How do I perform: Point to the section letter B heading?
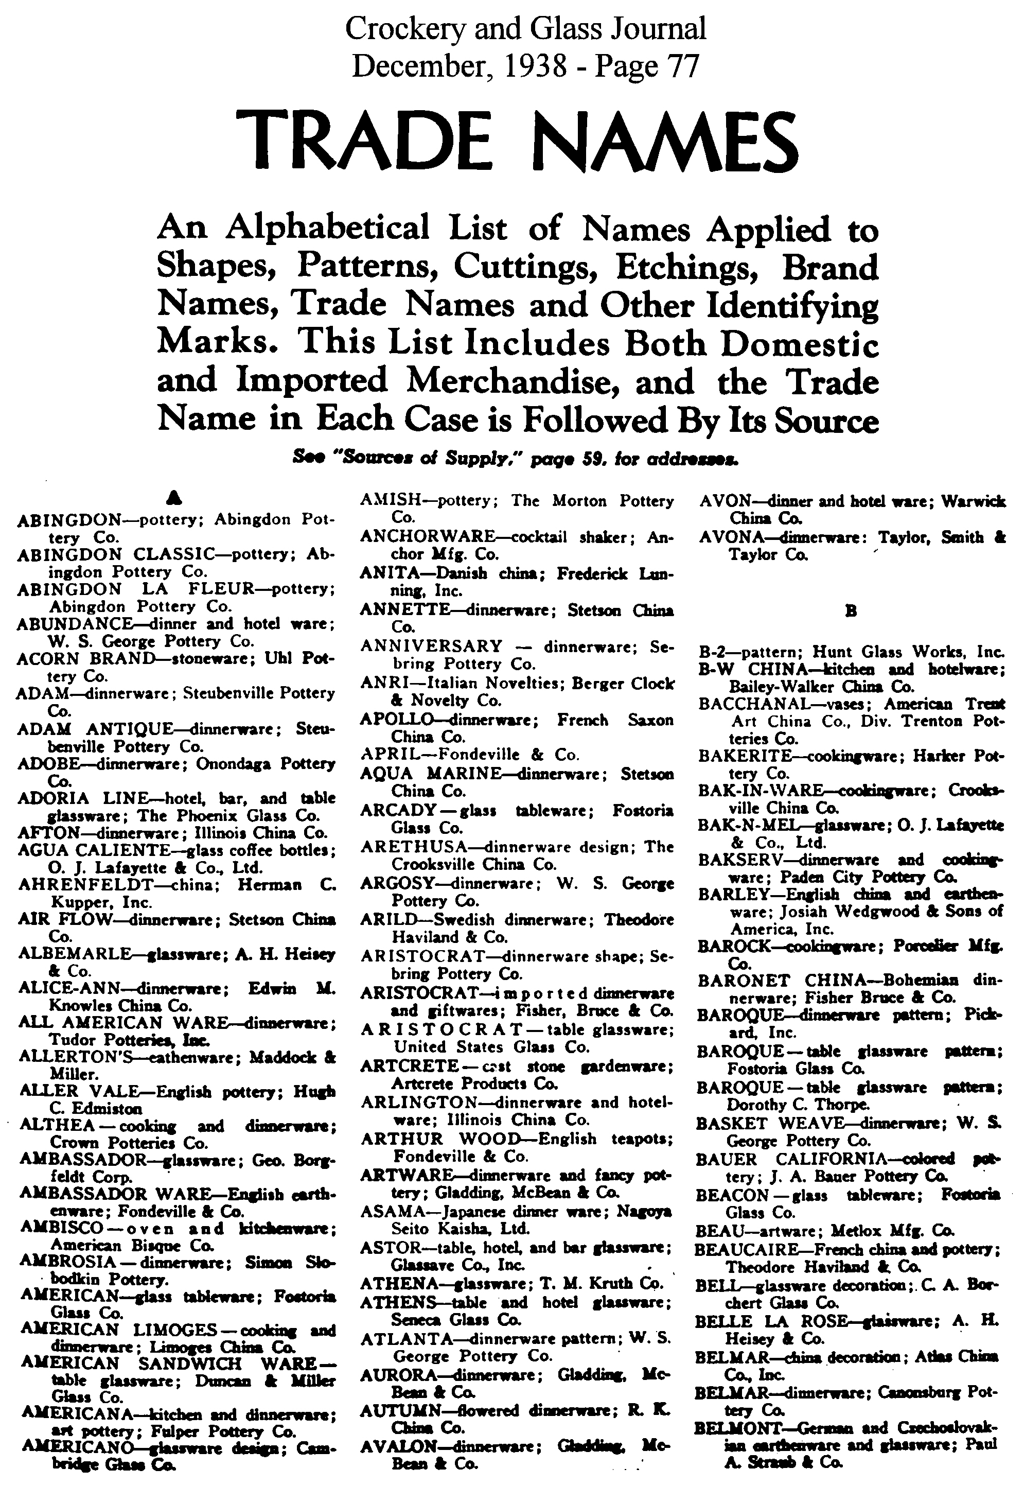[x=851, y=611]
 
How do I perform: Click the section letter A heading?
[x=171, y=496]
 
